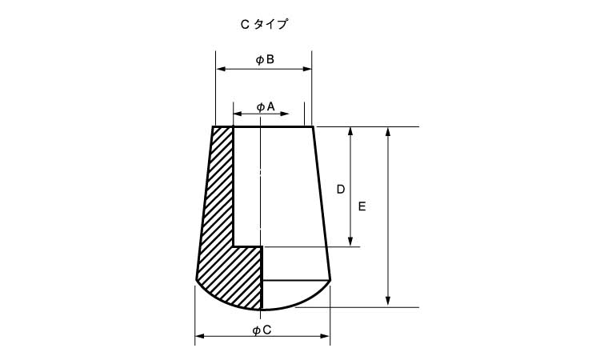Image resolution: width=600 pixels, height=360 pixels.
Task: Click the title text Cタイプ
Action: (x=264, y=25)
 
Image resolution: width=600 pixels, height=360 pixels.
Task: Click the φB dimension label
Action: (x=265, y=60)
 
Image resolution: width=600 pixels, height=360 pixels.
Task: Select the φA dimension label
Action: (x=266, y=107)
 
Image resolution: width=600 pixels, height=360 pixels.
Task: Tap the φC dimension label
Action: (x=262, y=330)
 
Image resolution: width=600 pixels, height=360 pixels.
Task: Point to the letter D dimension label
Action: (x=341, y=190)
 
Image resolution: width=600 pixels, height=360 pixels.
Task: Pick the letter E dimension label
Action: (x=362, y=206)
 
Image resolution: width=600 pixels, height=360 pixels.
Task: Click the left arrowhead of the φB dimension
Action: (x=221, y=69)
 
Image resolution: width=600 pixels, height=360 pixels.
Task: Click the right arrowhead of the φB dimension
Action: (x=307, y=69)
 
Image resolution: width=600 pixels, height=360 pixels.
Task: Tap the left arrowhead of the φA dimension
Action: (x=238, y=114)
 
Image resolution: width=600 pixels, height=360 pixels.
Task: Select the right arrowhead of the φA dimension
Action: (x=284, y=114)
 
